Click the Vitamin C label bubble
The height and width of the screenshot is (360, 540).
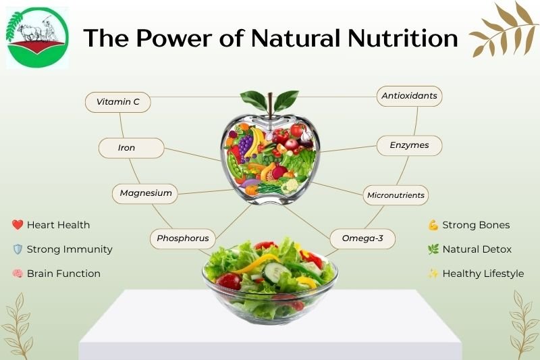point(117,102)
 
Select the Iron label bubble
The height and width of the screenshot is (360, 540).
point(131,148)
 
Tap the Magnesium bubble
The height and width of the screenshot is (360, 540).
point(144,194)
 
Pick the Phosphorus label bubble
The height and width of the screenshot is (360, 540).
point(182,238)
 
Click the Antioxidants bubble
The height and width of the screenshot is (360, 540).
point(409,96)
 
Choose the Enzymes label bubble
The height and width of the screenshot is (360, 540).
point(409,145)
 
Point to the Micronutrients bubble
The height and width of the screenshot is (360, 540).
point(396,195)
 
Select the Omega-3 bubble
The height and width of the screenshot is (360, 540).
point(362,238)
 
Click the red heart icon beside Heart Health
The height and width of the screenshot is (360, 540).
point(18,225)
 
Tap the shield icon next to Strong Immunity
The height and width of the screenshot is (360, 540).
point(18,249)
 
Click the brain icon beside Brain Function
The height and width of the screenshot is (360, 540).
point(18,274)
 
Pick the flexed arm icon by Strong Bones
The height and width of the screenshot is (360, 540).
point(433,225)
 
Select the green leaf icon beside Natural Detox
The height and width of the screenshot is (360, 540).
point(433,249)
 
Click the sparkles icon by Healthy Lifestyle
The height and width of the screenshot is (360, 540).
point(433,274)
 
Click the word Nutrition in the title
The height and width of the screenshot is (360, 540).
point(402,38)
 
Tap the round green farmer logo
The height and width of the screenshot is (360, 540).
point(37,37)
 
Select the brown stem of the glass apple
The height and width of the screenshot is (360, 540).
point(271,106)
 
